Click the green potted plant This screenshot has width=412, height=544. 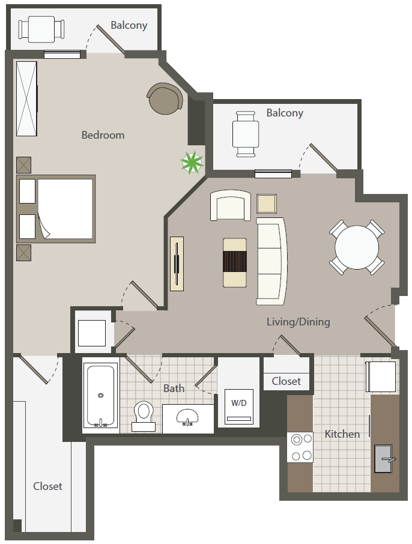[x=192, y=162]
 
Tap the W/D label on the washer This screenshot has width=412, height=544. [x=239, y=403]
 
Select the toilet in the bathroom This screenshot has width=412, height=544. [x=144, y=416]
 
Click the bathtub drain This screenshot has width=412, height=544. [x=101, y=395]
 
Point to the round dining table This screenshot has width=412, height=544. [x=357, y=247]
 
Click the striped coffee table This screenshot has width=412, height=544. [x=235, y=262]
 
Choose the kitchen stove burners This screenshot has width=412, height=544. [x=300, y=447]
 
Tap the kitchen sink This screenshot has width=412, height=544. [x=384, y=459]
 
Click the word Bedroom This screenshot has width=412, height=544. [x=103, y=135]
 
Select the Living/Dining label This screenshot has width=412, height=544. [x=298, y=322]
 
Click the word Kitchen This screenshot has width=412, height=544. [x=342, y=434]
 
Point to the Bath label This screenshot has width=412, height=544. [x=174, y=388]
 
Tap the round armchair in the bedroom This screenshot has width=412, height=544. [x=165, y=98]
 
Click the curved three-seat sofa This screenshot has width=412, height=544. [x=271, y=261]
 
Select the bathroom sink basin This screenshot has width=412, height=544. [x=187, y=417]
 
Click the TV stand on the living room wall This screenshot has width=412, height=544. [x=177, y=264]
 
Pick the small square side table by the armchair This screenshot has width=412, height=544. [x=267, y=204]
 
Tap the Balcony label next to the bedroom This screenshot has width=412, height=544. [x=129, y=25]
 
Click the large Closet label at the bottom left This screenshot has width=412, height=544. [x=47, y=486]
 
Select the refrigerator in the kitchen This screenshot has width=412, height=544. [x=381, y=376]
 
